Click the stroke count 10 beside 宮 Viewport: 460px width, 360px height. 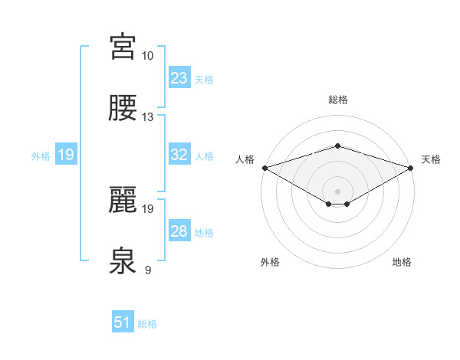147,56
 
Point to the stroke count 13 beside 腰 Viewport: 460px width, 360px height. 147,117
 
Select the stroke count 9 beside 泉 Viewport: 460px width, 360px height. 147,269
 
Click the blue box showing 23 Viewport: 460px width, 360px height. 179,77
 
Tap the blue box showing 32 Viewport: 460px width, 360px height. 179,154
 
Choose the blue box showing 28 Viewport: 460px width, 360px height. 179,231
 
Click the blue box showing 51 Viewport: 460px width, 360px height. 123,322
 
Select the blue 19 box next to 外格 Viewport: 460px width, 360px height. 66,154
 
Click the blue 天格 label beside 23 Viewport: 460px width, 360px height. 204,79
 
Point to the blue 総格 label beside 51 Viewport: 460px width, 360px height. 147,324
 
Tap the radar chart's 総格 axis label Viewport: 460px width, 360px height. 337,100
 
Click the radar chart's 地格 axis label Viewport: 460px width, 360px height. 402,262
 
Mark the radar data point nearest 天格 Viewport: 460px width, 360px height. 411,167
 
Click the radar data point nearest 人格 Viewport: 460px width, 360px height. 264,167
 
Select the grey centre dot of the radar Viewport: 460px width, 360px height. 337,191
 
